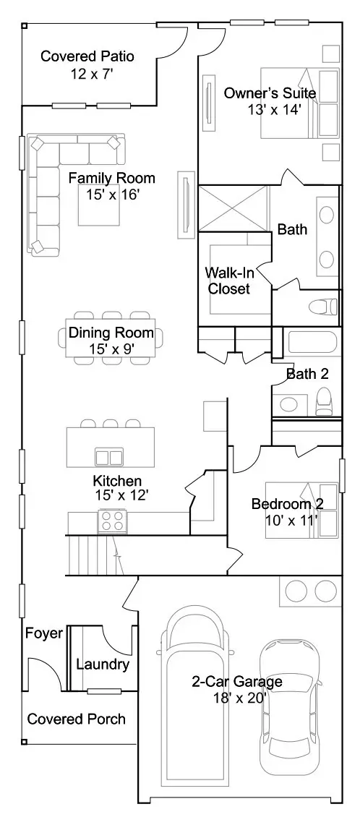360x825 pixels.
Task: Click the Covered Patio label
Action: click(x=87, y=56)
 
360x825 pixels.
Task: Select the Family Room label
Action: click(x=112, y=178)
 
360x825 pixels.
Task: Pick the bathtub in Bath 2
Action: click(x=312, y=343)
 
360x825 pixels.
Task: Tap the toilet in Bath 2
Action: click(x=324, y=402)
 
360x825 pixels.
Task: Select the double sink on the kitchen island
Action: click(x=109, y=456)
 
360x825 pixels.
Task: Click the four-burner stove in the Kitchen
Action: click(x=112, y=521)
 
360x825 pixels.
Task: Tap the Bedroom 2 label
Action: click(x=288, y=503)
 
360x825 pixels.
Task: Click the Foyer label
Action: click(x=43, y=633)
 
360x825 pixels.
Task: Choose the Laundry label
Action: click(x=103, y=664)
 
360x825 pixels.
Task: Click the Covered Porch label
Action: click(x=77, y=719)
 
